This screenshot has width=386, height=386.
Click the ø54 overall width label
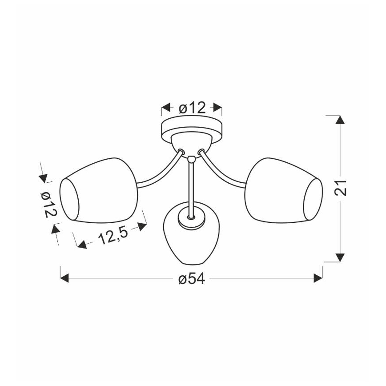(192, 279)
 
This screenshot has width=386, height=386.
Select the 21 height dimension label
(341, 188)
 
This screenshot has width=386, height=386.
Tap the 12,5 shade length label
(113, 236)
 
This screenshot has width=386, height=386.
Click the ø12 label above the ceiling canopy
(192, 108)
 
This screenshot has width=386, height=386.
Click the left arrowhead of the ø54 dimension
(64, 278)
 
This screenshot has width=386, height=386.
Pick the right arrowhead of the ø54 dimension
(318, 278)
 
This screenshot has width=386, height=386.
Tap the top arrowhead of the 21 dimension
(340, 120)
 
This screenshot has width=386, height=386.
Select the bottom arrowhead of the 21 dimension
(340, 257)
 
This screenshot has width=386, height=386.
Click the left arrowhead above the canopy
(166, 107)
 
